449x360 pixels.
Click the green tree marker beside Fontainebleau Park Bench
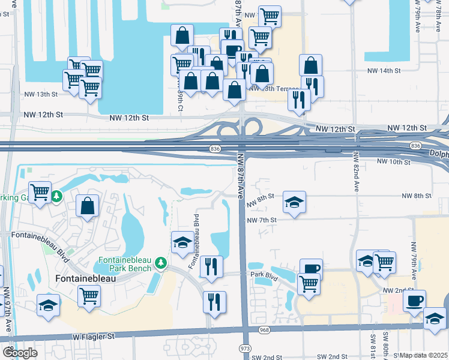[x=161, y=263]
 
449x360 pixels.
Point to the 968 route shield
[x=265, y=329]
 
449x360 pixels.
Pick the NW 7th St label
[x=262, y=220]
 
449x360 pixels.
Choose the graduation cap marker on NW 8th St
[x=294, y=203]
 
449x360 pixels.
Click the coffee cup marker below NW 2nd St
[x=414, y=301]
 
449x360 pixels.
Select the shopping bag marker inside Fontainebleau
[x=88, y=205]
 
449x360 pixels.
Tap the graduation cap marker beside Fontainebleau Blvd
[x=183, y=243]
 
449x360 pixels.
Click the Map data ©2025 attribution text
[x=424, y=355]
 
